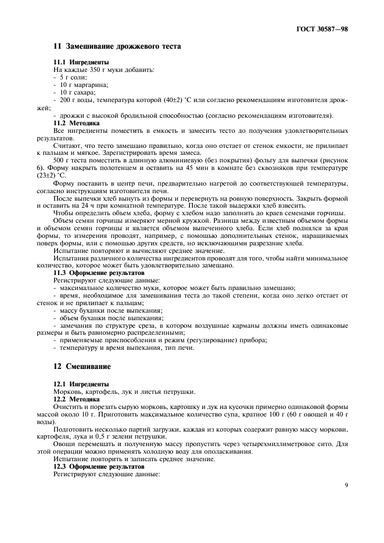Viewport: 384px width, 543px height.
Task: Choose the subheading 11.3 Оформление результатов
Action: (x=99, y=273)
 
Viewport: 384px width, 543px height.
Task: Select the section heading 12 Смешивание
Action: (x=82, y=367)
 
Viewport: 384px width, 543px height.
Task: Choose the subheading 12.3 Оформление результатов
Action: (x=99, y=467)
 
